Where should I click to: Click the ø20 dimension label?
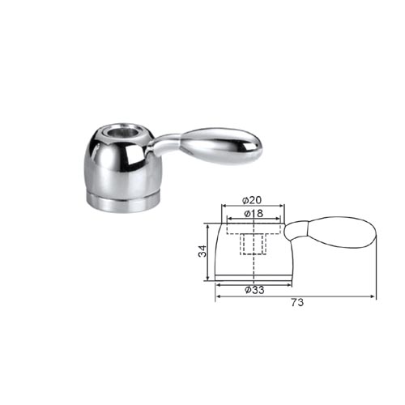pyautogui.click(x=252, y=200)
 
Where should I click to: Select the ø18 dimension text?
pyautogui.click(x=253, y=214)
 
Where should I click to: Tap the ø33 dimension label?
pyautogui.click(x=254, y=290)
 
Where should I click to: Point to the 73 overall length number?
pyautogui.click(x=297, y=302)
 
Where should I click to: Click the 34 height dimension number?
pyautogui.click(x=202, y=251)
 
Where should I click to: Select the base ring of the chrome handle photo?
pyautogui.click(x=125, y=202)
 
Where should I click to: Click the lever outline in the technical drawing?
pyautogui.click(x=330, y=232)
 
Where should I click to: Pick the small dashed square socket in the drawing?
pyautogui.click(x=253, y=245)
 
